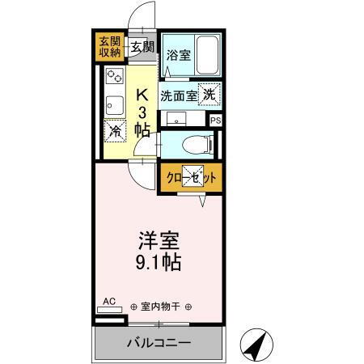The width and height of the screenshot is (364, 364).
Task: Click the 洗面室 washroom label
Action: tap(177, 95)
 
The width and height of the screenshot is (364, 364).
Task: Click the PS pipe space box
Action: tap(214, 121)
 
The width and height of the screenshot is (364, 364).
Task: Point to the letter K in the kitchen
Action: tap(142, 94)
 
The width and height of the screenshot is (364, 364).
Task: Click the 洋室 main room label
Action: tap(158, 240)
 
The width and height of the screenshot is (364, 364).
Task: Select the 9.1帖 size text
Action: tap(158, 262)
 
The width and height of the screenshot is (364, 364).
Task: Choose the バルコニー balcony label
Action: tap(159, 343)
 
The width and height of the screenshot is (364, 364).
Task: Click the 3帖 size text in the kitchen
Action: tap(142, 121)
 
